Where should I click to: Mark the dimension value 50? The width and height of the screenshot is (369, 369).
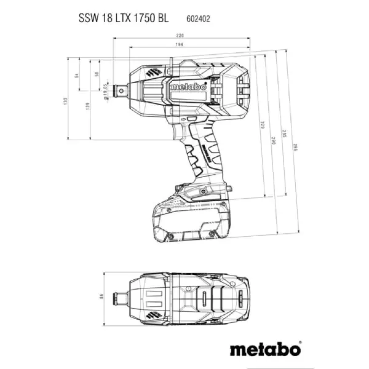pos(97,74)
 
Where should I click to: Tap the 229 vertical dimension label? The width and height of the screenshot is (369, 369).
pos(262,125)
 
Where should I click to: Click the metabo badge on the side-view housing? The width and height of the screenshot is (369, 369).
pos(186,88)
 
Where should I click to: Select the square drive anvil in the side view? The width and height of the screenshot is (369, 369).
pos(117,90)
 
